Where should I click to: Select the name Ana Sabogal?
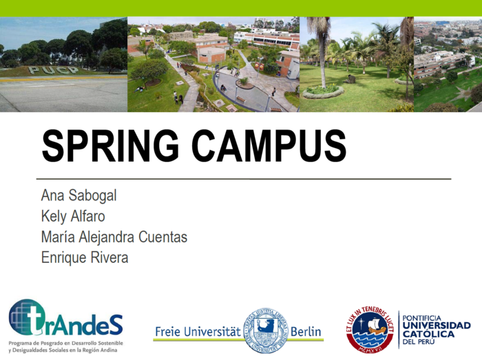click(78, 195)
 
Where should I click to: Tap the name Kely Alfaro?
click(73, 216)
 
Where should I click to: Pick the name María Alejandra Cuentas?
click(114, 237)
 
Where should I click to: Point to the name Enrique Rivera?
click(85, 257)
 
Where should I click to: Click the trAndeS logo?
click(65, 318)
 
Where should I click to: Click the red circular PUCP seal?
click(370, 329)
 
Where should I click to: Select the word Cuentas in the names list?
click(164, 237)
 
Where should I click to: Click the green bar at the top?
click(241, 8)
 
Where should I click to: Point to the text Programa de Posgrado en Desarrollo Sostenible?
click(65, 343)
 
